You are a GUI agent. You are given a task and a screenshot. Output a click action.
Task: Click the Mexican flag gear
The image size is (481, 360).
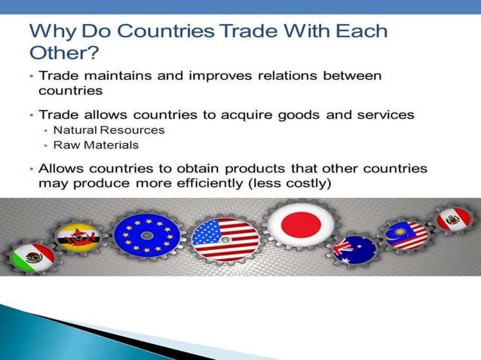[x=33, y=257]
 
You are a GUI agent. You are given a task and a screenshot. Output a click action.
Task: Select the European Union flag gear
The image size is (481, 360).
[x=147, y=235]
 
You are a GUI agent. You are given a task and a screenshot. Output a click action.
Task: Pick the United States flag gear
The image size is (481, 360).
[x=225, y=239]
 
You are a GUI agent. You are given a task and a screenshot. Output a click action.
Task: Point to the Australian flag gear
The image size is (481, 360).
[x=354, y=249]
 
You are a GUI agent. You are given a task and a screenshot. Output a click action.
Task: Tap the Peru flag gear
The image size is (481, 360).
[x=455, y=221]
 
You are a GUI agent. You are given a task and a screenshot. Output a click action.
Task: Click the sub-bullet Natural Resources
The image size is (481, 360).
[x=109, y=130]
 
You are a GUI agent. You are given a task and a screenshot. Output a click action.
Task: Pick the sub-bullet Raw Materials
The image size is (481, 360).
[x=96, y=145]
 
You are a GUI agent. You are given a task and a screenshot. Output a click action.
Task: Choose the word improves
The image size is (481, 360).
[x=213, y=75]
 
